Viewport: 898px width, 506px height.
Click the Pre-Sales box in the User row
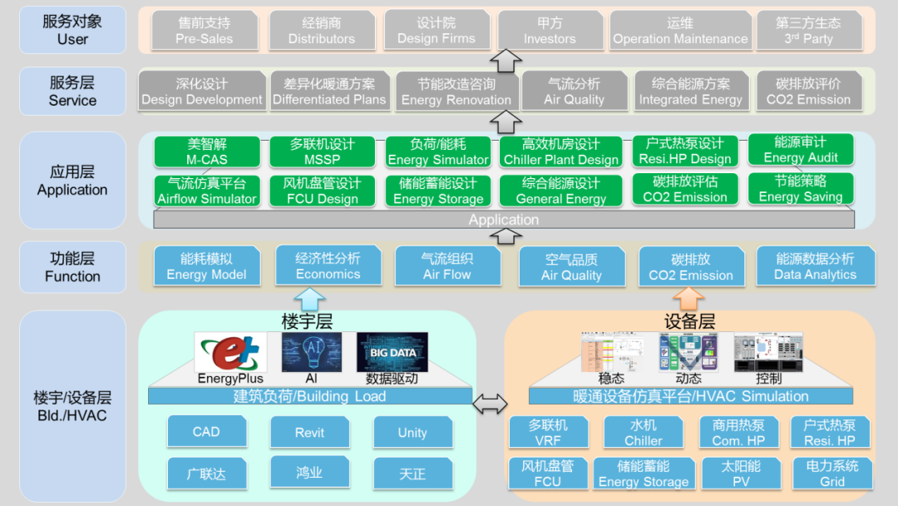click(x=204, y=31)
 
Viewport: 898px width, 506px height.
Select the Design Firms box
click(x=437, y=31)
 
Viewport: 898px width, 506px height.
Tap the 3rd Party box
click(x=808, y=31)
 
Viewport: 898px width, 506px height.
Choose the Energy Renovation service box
click(x=456, y=92)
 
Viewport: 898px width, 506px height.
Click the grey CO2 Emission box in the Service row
click(x=808, y=92)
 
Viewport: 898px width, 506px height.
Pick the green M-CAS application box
click(x=207, y=151)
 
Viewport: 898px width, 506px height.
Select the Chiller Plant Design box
click(x=561, y=151)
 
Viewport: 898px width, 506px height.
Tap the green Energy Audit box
click(x=801, y=150)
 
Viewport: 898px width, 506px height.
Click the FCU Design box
click(x=322, y=191)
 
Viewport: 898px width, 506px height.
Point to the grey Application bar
click(x=504, y=220)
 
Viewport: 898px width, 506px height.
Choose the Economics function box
click(x=328, y=266)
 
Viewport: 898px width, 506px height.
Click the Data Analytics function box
click(x=815, y=266)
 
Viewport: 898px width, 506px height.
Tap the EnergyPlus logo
click(x=230, y=352)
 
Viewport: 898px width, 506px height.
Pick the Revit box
click(x=309, y=433)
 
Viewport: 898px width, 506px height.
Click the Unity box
click(x=412, y=433)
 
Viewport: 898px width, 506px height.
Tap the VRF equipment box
click(x=548, y=433)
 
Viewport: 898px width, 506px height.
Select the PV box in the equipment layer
click(x=741, y=474)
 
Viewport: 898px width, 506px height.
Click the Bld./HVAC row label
click(x=72, y=406)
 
